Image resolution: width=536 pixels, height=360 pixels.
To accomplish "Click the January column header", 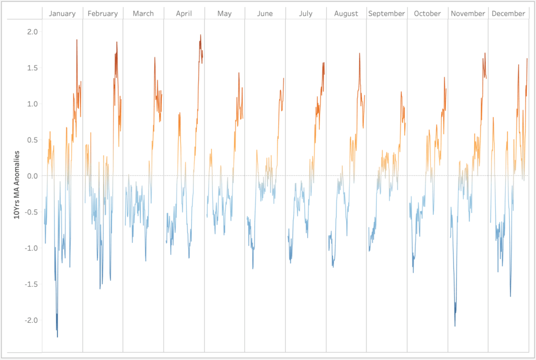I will [62, 14].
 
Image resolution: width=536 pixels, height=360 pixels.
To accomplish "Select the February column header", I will [103, 14].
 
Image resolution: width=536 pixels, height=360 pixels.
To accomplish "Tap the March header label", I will [143, 14].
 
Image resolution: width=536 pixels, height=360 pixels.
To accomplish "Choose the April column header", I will [184, 14].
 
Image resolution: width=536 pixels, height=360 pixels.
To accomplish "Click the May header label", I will [225, 14].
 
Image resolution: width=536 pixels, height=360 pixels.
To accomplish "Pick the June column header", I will [265, 14].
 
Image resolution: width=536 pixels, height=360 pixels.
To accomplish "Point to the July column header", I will [306, 14].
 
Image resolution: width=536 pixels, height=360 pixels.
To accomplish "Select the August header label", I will [346, 14].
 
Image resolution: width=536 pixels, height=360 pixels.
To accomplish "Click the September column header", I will [387, 14].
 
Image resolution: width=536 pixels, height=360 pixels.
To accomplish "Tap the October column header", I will [427, 14].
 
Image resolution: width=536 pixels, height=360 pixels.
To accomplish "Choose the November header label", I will [468, 14].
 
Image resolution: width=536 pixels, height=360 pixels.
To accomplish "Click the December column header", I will [508, 14].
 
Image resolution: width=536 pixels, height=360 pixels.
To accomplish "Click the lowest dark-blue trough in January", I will [58, 336].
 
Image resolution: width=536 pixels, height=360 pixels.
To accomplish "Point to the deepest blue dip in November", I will [455, 325].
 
